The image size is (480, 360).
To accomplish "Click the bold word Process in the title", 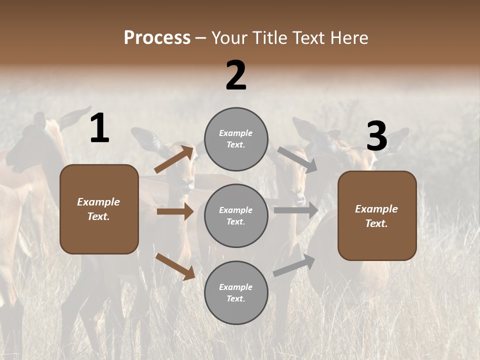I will [157, 38].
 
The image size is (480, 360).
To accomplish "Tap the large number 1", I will [99, 129].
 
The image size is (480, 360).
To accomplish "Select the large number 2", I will [236, 76].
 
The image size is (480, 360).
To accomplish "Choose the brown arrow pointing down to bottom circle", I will [175, 266].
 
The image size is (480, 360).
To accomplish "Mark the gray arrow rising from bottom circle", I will [294, 265].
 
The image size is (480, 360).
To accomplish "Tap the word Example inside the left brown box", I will [98, 202].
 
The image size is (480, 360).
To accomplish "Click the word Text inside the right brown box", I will [376, 223].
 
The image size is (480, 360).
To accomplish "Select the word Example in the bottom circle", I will [235, 287].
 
